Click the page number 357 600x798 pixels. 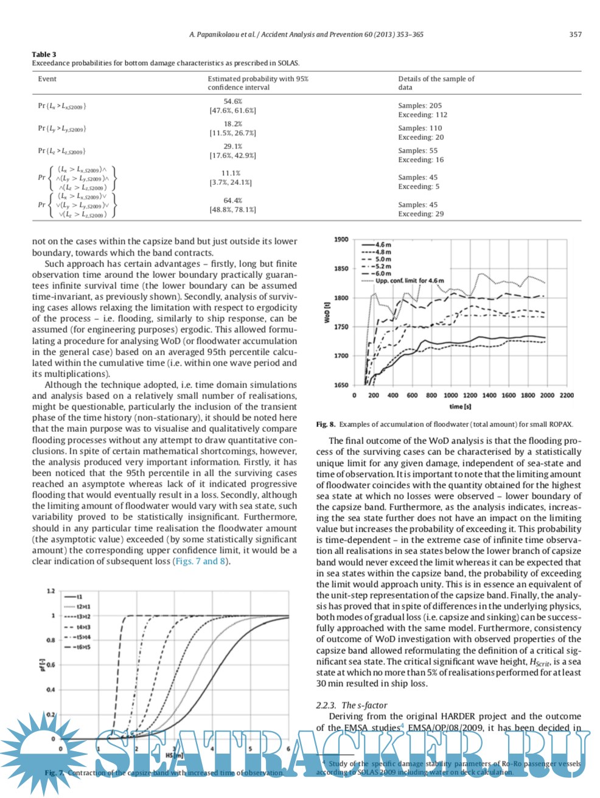coord(575,35)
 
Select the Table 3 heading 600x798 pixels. coord(44,54)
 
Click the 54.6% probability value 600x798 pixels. coord(232,102)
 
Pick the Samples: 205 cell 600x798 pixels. coord(420,106)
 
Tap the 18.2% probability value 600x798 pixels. coord(232,124)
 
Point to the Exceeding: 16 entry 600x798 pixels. coord(420,160)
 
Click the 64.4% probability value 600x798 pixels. coord(232,201)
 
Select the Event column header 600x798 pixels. coord(47,79)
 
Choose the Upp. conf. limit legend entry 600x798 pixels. coord(409,281)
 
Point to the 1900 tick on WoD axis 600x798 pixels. coord(341,240)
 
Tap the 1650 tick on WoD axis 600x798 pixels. coord(341,385)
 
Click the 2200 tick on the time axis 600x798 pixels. coord(566,395)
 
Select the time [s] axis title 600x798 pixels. coord(460,406)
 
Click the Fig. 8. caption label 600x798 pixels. coord(326,425)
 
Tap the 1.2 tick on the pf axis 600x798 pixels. coord(51,591)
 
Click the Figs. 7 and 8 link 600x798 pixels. coord(200,561)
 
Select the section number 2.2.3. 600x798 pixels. coord(326,706)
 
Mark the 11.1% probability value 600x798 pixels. coord(231,173)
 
